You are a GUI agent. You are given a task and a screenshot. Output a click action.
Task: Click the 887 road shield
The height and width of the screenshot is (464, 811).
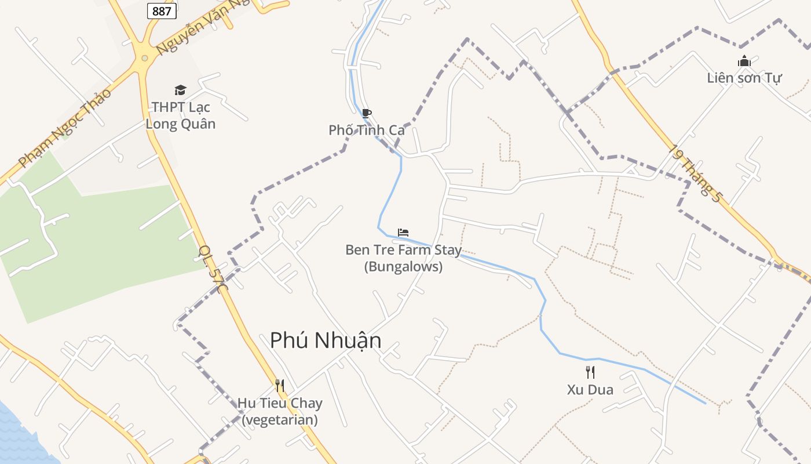tap(162, 11)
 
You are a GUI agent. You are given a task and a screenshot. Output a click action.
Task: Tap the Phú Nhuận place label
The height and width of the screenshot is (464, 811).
tap(326, 340)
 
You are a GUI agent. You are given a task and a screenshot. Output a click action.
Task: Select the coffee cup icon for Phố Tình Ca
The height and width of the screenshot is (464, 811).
tap(366, 113)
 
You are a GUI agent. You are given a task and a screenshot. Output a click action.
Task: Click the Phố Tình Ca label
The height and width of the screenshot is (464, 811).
tap(366, 130)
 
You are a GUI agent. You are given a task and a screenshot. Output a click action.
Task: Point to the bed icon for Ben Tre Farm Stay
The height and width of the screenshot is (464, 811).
tap(403, 233)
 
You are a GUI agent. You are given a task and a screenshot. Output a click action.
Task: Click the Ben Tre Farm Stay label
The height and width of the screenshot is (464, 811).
tap(403, 258)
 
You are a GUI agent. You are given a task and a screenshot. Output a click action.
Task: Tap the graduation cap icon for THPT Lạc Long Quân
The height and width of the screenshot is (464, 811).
tap(181, 90)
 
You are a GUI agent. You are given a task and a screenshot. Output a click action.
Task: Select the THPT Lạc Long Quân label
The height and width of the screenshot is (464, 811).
tap(181, 115)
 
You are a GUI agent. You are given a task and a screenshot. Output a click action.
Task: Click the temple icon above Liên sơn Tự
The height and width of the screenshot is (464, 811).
tap(744, 61)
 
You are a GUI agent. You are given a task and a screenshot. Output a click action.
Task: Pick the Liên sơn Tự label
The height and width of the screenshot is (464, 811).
tap(744, 78)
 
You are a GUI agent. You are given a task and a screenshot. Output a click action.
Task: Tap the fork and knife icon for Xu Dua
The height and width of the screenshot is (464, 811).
tap(590, 372)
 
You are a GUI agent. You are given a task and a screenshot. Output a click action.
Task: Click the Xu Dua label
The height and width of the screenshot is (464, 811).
tap(590, 389)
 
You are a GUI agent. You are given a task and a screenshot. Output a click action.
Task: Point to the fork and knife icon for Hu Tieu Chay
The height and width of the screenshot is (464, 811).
tap(280, 386)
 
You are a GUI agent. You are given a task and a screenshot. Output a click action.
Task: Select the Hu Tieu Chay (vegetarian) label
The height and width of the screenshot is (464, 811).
tap(280, 411)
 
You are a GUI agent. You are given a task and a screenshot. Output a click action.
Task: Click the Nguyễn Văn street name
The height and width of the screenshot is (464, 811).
tap(191, 29)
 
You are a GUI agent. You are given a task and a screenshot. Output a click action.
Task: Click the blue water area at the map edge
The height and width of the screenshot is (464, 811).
tap(17, 435)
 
